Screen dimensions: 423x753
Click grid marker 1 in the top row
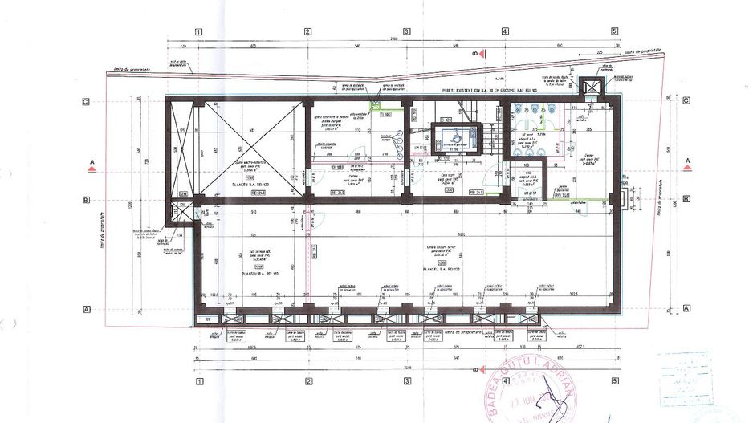click(x=197, y=32)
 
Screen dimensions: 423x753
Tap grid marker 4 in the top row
click(x=505, y=32)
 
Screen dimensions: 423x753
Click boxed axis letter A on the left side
click(x=84, y=308)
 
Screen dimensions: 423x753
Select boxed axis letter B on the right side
click(x=687, y=200)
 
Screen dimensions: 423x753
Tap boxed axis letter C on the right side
click(x=687, y=102)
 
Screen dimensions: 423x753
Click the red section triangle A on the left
click(x=92, y=168)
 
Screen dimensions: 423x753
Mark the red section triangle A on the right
click(x=688, y=167)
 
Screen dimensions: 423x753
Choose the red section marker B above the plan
click(x=475, y=53)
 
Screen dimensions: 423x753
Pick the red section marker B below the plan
click(x=476, y=370)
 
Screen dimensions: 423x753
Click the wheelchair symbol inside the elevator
click(x=454, y=138)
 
